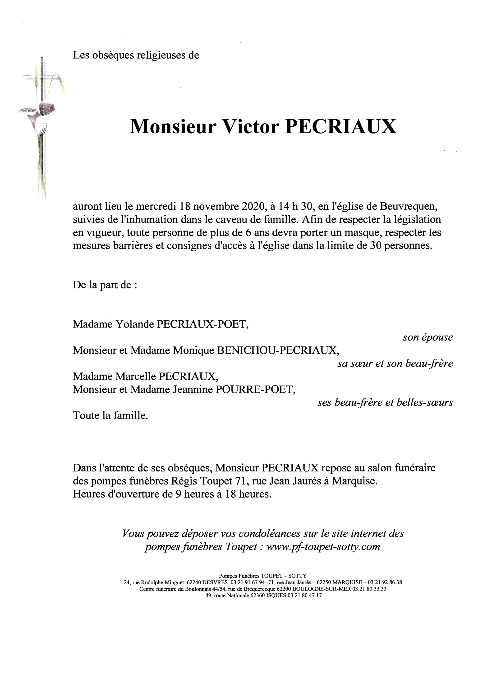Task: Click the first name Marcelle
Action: coord(135,376)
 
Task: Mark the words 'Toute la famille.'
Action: coord(110,415)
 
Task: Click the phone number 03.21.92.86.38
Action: coord(385,582)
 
